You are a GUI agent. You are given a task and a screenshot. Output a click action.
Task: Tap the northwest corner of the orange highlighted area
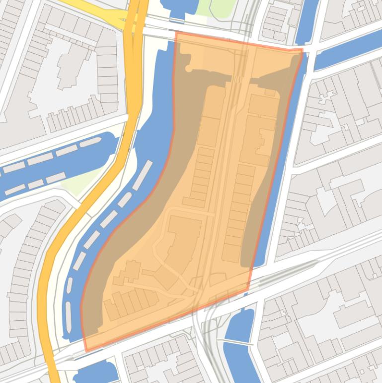point(175,33)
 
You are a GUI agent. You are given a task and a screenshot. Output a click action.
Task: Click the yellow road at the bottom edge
point(54,371)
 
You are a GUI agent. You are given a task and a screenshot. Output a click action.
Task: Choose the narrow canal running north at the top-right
point(306,20)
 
